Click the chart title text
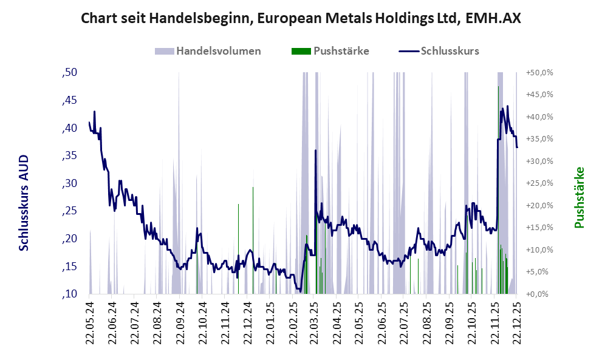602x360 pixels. (x=301, y=19)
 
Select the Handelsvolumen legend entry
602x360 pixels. (x=218, y=51)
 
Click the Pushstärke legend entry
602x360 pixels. (x=341, y=51)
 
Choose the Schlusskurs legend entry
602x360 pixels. (x=450, y=51)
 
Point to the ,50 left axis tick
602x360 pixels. (x=69, y=73)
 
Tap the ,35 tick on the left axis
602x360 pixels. (x=69, y=156)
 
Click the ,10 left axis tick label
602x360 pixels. (x=69, y=294)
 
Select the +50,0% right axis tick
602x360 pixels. (x=539, y=73)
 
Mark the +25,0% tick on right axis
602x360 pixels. (x=539, y=183)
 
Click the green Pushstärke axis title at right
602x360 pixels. (x=579, y=197)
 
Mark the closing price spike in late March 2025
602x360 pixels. (x=315, y=151)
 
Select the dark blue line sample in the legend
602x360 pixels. (x=408, y=51)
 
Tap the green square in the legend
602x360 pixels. (x=301, y=51)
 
